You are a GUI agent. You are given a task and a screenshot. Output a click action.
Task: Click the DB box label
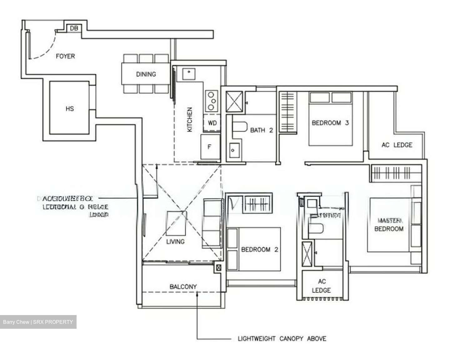(74, 28)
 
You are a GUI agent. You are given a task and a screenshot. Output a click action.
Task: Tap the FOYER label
(65, 56)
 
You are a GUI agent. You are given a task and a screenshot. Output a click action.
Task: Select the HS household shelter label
(70, 109)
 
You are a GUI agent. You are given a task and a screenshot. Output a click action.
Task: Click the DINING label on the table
(146, 74)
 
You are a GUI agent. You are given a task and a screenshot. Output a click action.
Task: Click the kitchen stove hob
(212, 101)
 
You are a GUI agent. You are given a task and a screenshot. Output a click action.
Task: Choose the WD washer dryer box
(212, 123)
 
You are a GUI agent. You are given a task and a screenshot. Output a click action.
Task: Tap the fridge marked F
(210, 147)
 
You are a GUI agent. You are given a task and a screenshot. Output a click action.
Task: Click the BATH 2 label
(262, 130)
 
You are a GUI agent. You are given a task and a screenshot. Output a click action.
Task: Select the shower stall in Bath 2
(234, 101)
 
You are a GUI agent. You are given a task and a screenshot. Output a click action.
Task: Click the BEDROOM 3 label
(330, 123)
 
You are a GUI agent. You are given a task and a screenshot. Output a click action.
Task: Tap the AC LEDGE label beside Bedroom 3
(397, 145)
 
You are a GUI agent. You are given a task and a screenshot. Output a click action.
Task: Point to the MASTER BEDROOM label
(389, 225)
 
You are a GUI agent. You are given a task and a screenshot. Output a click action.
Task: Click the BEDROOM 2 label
(259, 249)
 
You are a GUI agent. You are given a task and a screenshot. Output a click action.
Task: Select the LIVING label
(175, 241)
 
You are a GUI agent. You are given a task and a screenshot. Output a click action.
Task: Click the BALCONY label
(183, 286)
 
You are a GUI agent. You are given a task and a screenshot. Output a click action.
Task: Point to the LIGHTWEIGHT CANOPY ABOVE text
(282, 338)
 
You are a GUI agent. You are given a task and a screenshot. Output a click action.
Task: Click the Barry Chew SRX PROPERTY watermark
(38, 322)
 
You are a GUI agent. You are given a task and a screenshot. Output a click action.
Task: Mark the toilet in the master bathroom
(315, 229)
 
